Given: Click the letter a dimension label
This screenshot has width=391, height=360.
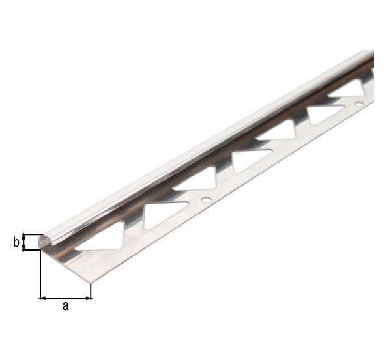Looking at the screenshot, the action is [65, 306].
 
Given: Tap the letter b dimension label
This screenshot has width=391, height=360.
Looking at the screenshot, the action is [16, 242].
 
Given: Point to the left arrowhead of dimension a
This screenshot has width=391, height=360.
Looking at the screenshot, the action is [43, 298].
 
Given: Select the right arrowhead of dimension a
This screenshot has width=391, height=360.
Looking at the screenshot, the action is [88, 298].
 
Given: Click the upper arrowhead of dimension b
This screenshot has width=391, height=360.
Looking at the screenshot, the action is [23, 236].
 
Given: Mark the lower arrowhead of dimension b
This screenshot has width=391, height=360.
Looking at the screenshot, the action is [23, 247].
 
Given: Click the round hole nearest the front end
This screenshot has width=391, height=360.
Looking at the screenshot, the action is [206, 200].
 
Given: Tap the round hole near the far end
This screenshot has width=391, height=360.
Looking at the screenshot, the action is [359, 103].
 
